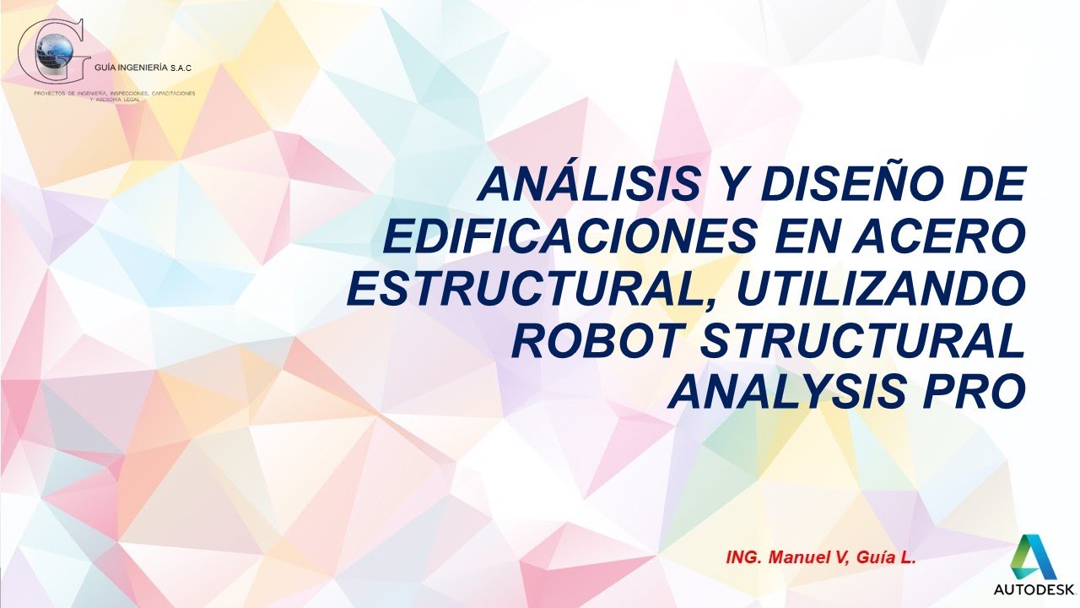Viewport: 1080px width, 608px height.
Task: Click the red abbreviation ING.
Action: (x=742, y=557)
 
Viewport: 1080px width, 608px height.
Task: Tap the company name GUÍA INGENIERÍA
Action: (x=131, y=77)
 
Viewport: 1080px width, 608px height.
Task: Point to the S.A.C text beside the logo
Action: (x=182, y=77)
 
